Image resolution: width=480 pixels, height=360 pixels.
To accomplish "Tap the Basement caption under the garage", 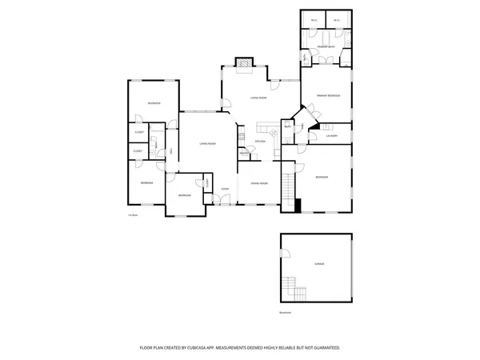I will [286, 311].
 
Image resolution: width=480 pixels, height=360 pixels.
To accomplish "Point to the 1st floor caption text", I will [134, 214].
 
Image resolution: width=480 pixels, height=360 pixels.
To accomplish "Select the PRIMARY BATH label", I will [325, 48].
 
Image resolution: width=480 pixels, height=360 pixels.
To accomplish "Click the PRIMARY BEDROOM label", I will [328, 95].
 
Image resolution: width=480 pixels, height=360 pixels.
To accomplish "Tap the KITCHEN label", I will [260, 142].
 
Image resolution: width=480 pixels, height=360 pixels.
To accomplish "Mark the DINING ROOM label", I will [258, 183].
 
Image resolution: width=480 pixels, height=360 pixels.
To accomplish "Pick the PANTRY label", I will [242, 153].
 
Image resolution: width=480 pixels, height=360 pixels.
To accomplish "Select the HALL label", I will [170, 151].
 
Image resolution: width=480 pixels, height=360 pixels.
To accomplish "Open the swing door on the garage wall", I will [284, 254].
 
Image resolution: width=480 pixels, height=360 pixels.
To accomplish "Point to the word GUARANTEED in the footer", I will [324, 348].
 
